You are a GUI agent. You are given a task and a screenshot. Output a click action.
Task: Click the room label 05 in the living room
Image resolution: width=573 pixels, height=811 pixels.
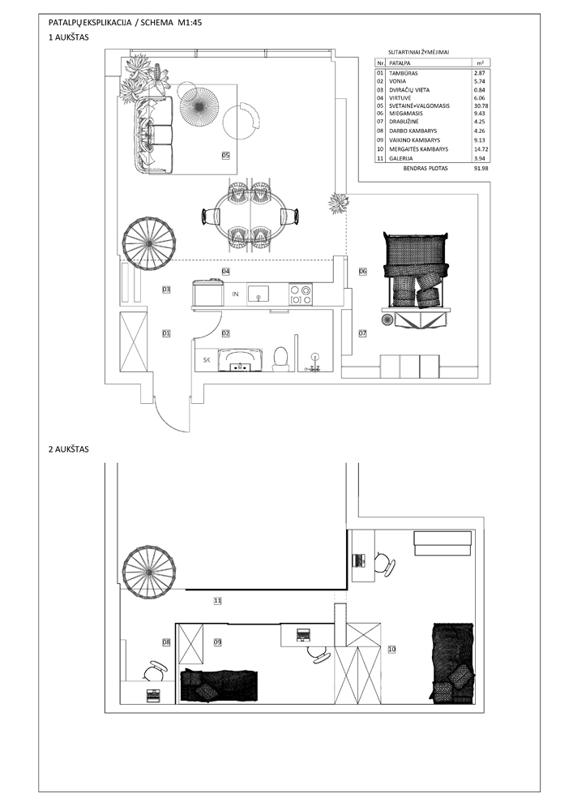point(225,155)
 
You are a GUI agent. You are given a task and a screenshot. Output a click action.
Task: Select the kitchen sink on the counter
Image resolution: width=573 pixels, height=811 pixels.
point(258,294)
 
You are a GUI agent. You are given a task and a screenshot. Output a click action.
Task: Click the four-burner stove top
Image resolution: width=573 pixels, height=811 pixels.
point(301,294)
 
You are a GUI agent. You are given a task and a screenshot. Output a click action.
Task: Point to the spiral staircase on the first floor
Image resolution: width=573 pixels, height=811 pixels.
point(149,242)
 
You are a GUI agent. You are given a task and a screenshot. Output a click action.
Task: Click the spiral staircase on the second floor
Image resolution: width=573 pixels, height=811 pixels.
point(149,573)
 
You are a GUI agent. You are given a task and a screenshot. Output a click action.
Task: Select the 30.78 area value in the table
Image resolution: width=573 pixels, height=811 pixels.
point(481,105)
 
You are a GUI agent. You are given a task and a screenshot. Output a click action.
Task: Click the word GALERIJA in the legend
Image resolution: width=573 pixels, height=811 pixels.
point(401,159)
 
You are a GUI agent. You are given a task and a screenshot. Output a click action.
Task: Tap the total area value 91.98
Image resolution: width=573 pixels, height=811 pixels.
point(481,169)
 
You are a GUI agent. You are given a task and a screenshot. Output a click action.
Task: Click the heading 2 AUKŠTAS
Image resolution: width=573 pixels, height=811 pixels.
point(69,449)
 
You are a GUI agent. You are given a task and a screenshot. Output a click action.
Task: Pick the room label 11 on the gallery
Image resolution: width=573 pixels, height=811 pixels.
point(217,600)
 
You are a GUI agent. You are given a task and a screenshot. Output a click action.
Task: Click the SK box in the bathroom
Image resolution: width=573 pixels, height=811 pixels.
point(207,360)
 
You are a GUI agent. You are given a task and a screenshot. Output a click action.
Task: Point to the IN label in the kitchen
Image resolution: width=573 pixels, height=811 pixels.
point(235,294)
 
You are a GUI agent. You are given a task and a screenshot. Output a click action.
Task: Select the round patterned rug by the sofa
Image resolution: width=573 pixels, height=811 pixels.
point(199,107)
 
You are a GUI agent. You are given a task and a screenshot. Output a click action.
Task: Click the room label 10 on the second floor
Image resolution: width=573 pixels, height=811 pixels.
point(391,649)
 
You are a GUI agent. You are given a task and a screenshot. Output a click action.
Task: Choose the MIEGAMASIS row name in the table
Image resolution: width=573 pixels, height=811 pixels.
point(405,114)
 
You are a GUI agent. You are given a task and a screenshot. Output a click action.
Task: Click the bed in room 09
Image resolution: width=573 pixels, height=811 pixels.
point(219,686)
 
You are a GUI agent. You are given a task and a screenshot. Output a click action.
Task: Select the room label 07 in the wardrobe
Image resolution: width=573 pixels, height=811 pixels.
point(362,333)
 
